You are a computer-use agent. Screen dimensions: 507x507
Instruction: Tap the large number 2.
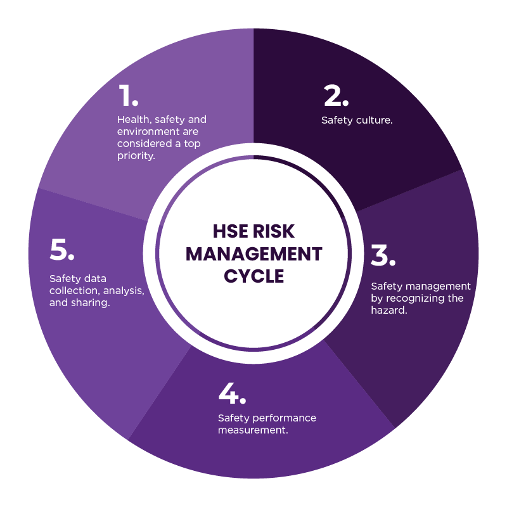click(x=336, y=96)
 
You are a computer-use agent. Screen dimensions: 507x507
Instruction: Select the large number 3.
click(x=383, y=255)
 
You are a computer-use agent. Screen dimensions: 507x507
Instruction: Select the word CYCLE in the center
click(x=253, y=276)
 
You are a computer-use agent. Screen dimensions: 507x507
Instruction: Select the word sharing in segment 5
click(x=92, y=303)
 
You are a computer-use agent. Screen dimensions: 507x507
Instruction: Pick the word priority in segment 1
click(x=136, y=156)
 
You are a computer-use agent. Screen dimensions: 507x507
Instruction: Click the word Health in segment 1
click(x=132, y=119)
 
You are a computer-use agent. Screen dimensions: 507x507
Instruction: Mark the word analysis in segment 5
click(x=125, y=291)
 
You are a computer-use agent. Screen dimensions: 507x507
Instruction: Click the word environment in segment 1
click(x=147, y=132)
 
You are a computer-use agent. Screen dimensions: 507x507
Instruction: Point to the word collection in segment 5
click(x=73, y=291)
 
